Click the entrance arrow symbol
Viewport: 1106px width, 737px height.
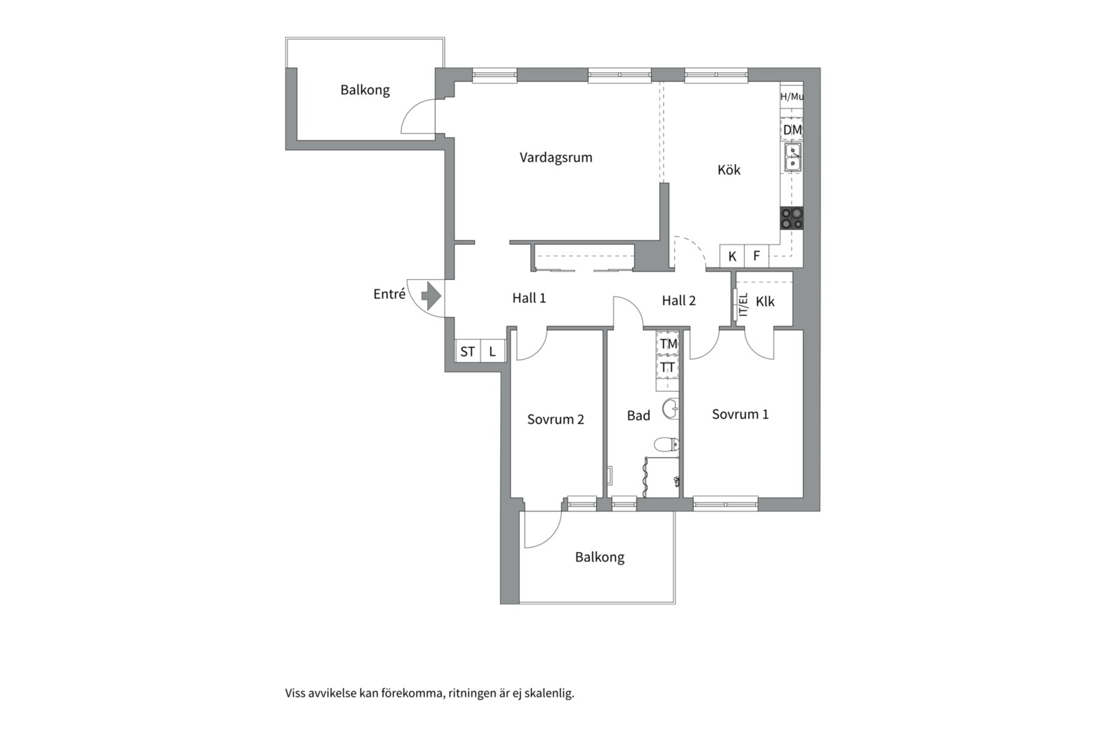tap(431, 295)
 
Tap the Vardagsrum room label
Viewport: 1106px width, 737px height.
tap(556, 158)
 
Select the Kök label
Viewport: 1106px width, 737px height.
tap(728, 170)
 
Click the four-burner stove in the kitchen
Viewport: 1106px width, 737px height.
tap(791, 218)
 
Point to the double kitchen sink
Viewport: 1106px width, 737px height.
tap(793, 158)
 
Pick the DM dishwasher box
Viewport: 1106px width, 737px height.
tap(792, 130)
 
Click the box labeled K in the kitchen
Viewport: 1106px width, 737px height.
tap(733, 257)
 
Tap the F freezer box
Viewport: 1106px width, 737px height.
tap(756, 257)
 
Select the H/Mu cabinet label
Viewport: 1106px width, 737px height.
tap(791, 97)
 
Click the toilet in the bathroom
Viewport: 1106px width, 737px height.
tap(667, 445)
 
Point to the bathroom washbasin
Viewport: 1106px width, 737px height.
tap(671, 408)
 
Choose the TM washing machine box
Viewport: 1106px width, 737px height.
tap(668, 343)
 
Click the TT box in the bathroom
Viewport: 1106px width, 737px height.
tap(668, 367)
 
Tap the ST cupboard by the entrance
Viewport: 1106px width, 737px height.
tap(468, 351)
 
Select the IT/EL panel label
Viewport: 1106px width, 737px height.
tap(743, 304)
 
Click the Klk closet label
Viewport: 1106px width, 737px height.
tap(765, 302)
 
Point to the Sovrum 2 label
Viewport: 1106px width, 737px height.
tap(556, 420)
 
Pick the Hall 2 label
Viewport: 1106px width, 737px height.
tap(679, 301)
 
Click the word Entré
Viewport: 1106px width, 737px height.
tap(389, 294)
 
